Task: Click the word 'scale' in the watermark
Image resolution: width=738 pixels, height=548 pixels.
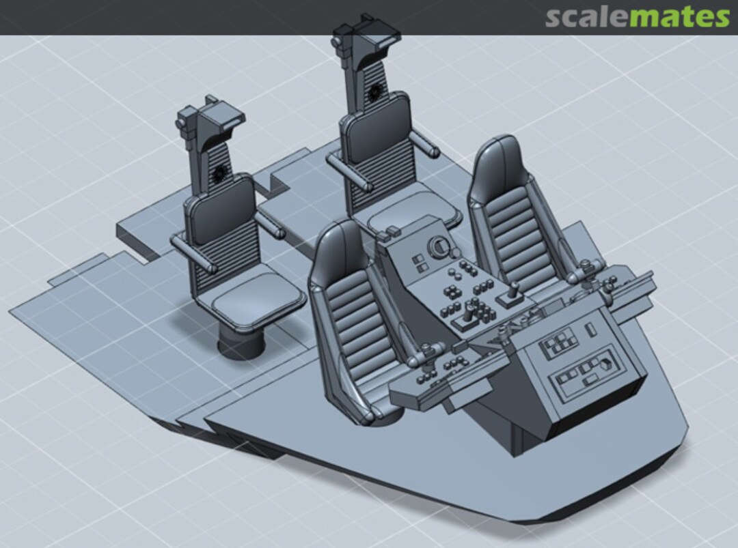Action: point(586,16)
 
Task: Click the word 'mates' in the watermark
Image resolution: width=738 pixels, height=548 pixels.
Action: point(679,16)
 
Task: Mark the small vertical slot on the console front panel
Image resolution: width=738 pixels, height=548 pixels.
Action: point(592,330)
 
